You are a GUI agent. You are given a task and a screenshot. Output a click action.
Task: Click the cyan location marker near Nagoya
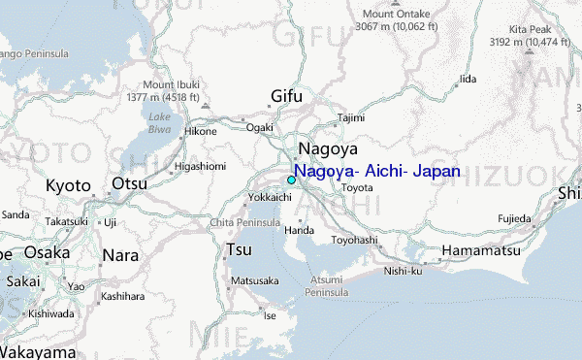[291, 180]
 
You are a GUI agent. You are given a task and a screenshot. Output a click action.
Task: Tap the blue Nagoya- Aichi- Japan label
[377, 172]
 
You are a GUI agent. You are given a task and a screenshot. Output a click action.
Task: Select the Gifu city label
[286, 96]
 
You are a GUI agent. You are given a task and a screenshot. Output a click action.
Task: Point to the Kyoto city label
[68, 185]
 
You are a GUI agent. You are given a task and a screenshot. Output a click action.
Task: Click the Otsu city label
[130, 184]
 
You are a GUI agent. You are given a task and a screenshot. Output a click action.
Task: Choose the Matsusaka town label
[255, 280]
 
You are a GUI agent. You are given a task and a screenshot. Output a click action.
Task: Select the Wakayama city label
[36, 351]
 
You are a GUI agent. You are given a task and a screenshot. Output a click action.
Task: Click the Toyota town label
[357, 187]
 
